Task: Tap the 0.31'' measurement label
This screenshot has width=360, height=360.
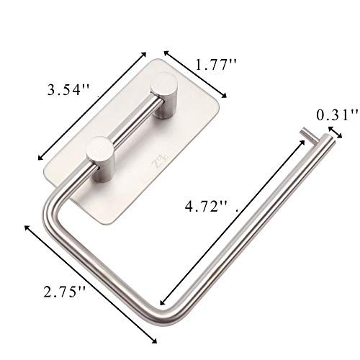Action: tap(339, 114)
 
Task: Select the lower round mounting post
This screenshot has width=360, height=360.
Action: tap(98, 153)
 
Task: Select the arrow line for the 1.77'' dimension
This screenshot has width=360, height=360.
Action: tap(196, 75)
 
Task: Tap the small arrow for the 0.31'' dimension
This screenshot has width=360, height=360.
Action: tap(334, 130)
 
